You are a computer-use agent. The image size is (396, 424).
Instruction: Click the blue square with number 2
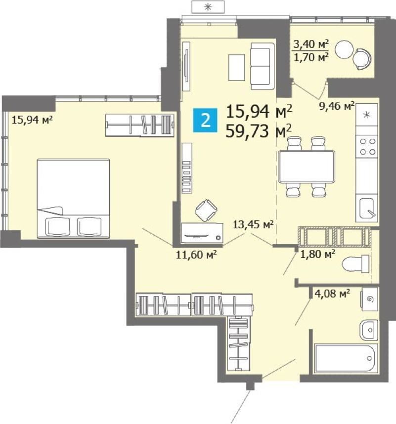coord(205,120)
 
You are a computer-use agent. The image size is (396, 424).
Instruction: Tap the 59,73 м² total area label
coord(259,131)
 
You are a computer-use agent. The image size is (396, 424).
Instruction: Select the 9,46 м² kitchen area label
coord(337,106)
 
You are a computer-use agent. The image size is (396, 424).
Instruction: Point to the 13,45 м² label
coord(253,224)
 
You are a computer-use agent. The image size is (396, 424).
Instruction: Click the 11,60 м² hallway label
coord(196,254)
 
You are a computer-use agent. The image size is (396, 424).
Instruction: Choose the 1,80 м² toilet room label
coord(318,254)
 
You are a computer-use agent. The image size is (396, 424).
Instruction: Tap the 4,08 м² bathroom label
coord(332,293)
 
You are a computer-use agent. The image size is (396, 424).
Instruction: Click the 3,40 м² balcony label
coord(311,44)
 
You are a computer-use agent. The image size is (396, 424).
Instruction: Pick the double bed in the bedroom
coord(73,199)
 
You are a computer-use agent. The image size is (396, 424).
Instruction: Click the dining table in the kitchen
coord(306,167)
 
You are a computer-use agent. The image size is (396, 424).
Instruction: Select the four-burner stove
coord(367,146)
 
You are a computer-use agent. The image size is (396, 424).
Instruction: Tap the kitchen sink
coord(366,208)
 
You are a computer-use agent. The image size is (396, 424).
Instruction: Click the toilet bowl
coord(355,264)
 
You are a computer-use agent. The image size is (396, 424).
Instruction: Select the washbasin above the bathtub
coord(369,330)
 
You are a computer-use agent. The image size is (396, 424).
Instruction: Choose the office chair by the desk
coord(206,211)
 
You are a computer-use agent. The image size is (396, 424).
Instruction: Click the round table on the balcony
coord(344,49)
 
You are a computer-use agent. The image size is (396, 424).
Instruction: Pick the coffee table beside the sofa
coord(237,67)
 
